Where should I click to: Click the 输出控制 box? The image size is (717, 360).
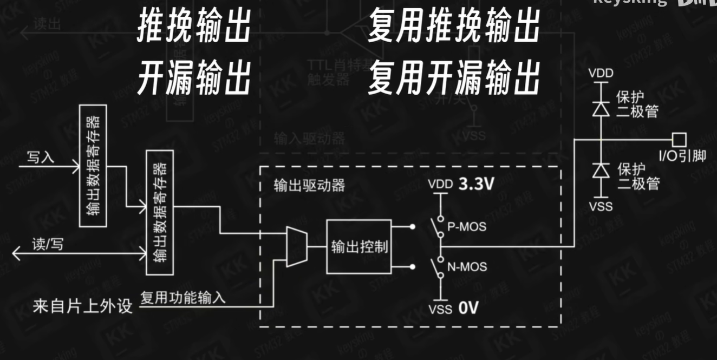(x=358, y=247)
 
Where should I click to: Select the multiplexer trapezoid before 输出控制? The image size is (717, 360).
(x=296, y=247)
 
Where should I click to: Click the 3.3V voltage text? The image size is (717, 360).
(x=477, y=184)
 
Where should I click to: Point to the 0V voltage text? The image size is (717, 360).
(x=469, y=309)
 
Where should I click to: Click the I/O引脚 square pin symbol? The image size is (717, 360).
(x=679, y=139)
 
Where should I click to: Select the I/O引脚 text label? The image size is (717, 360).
(x=682, y=156)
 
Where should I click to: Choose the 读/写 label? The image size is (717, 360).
(x=48, y=244)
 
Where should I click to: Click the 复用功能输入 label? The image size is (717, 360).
(x=183, y=297)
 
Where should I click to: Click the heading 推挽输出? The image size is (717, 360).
(x=193, y=27)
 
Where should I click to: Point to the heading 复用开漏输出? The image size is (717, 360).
(x=454, y=78)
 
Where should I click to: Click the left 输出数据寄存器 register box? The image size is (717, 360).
(x=93, y=166)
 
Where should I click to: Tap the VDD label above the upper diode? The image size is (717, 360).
(x=601, y=73)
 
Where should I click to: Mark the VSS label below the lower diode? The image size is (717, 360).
(x=601, y=206)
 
